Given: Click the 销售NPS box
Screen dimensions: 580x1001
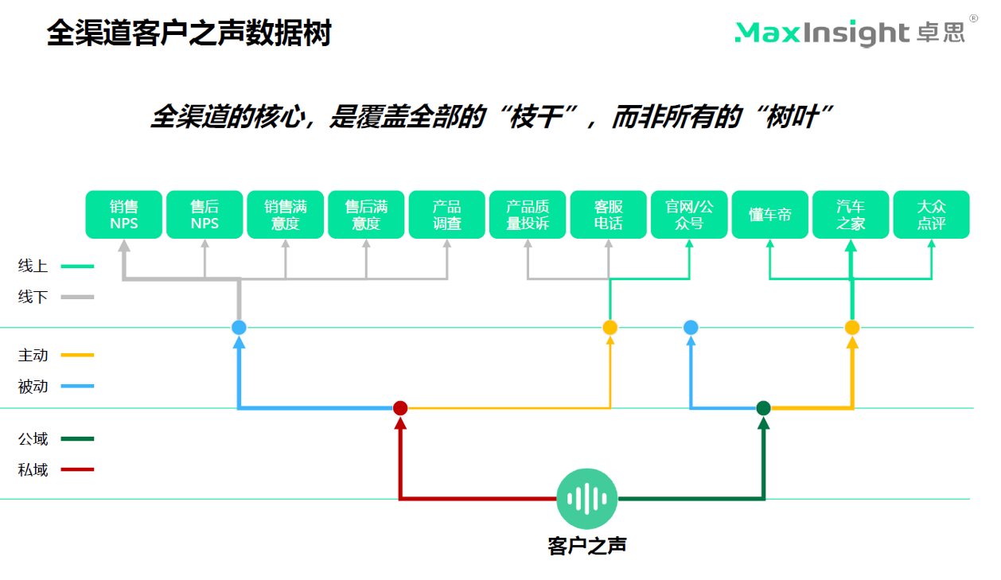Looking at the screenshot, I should (124, 215).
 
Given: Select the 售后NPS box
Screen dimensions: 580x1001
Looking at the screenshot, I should (204, 215).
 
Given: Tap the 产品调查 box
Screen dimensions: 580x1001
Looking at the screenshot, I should (447, 215).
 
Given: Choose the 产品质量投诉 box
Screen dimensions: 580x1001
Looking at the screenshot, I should (528, 215).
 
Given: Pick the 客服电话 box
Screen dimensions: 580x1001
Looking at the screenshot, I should (609, 215).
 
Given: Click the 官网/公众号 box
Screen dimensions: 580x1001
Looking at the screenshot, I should (689, 215).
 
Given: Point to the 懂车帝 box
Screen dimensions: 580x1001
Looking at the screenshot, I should (770, 215).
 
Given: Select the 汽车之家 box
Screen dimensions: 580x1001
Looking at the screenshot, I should (851, 215).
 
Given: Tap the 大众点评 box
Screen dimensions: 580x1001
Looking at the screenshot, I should (931, 215).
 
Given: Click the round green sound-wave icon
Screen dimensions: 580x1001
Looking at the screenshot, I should (587, 499).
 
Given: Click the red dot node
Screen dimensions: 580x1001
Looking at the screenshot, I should (400, 408).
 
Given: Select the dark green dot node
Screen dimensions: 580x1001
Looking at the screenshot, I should (764, 408).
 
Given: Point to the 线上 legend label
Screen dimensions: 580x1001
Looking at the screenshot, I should (33, 267).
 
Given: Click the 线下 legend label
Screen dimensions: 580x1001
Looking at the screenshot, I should (33, 297).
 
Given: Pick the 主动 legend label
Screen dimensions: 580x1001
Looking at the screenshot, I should (33, 355).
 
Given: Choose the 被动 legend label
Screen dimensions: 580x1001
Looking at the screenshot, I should (33, 387).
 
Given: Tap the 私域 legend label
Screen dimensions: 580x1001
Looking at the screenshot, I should (33, 469).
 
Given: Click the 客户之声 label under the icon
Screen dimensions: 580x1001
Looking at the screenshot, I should (587, 546).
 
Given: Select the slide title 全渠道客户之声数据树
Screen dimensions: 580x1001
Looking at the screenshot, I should (189, 33).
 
